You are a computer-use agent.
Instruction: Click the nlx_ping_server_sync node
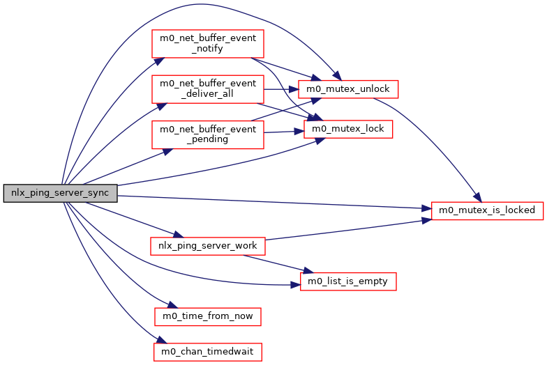(x=60, y=194)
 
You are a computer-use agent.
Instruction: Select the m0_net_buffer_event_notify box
(x=208, y=45)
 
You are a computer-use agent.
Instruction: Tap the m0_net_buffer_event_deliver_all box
(x=208, y=88)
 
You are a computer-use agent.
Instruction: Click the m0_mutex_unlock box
(x=348, y=89)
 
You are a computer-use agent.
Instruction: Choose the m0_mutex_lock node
(x=348, y=129)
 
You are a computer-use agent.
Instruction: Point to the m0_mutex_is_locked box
(x=487, y=210)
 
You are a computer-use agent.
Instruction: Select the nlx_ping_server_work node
(x=208, y=246)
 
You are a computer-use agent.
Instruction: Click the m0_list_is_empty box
(x=348, y=281)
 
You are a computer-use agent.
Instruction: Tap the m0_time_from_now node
(x=208, y=317)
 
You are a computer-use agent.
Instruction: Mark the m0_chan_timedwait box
(x=208, y=352)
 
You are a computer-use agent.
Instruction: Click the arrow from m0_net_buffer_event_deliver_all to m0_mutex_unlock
(x=280, y=89)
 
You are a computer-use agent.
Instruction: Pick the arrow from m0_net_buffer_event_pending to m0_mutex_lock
(x=283, y=131)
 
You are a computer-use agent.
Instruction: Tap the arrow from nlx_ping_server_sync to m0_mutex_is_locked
(x=279, y=202)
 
